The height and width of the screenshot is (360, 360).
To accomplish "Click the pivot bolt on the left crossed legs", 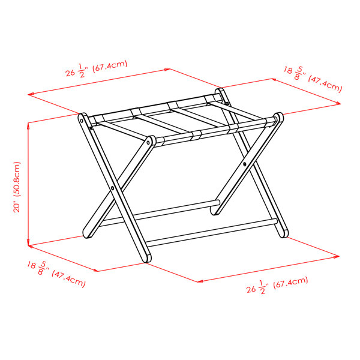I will pos(112,188).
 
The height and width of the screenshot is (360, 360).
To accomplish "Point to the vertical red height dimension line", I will pos(29,180).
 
